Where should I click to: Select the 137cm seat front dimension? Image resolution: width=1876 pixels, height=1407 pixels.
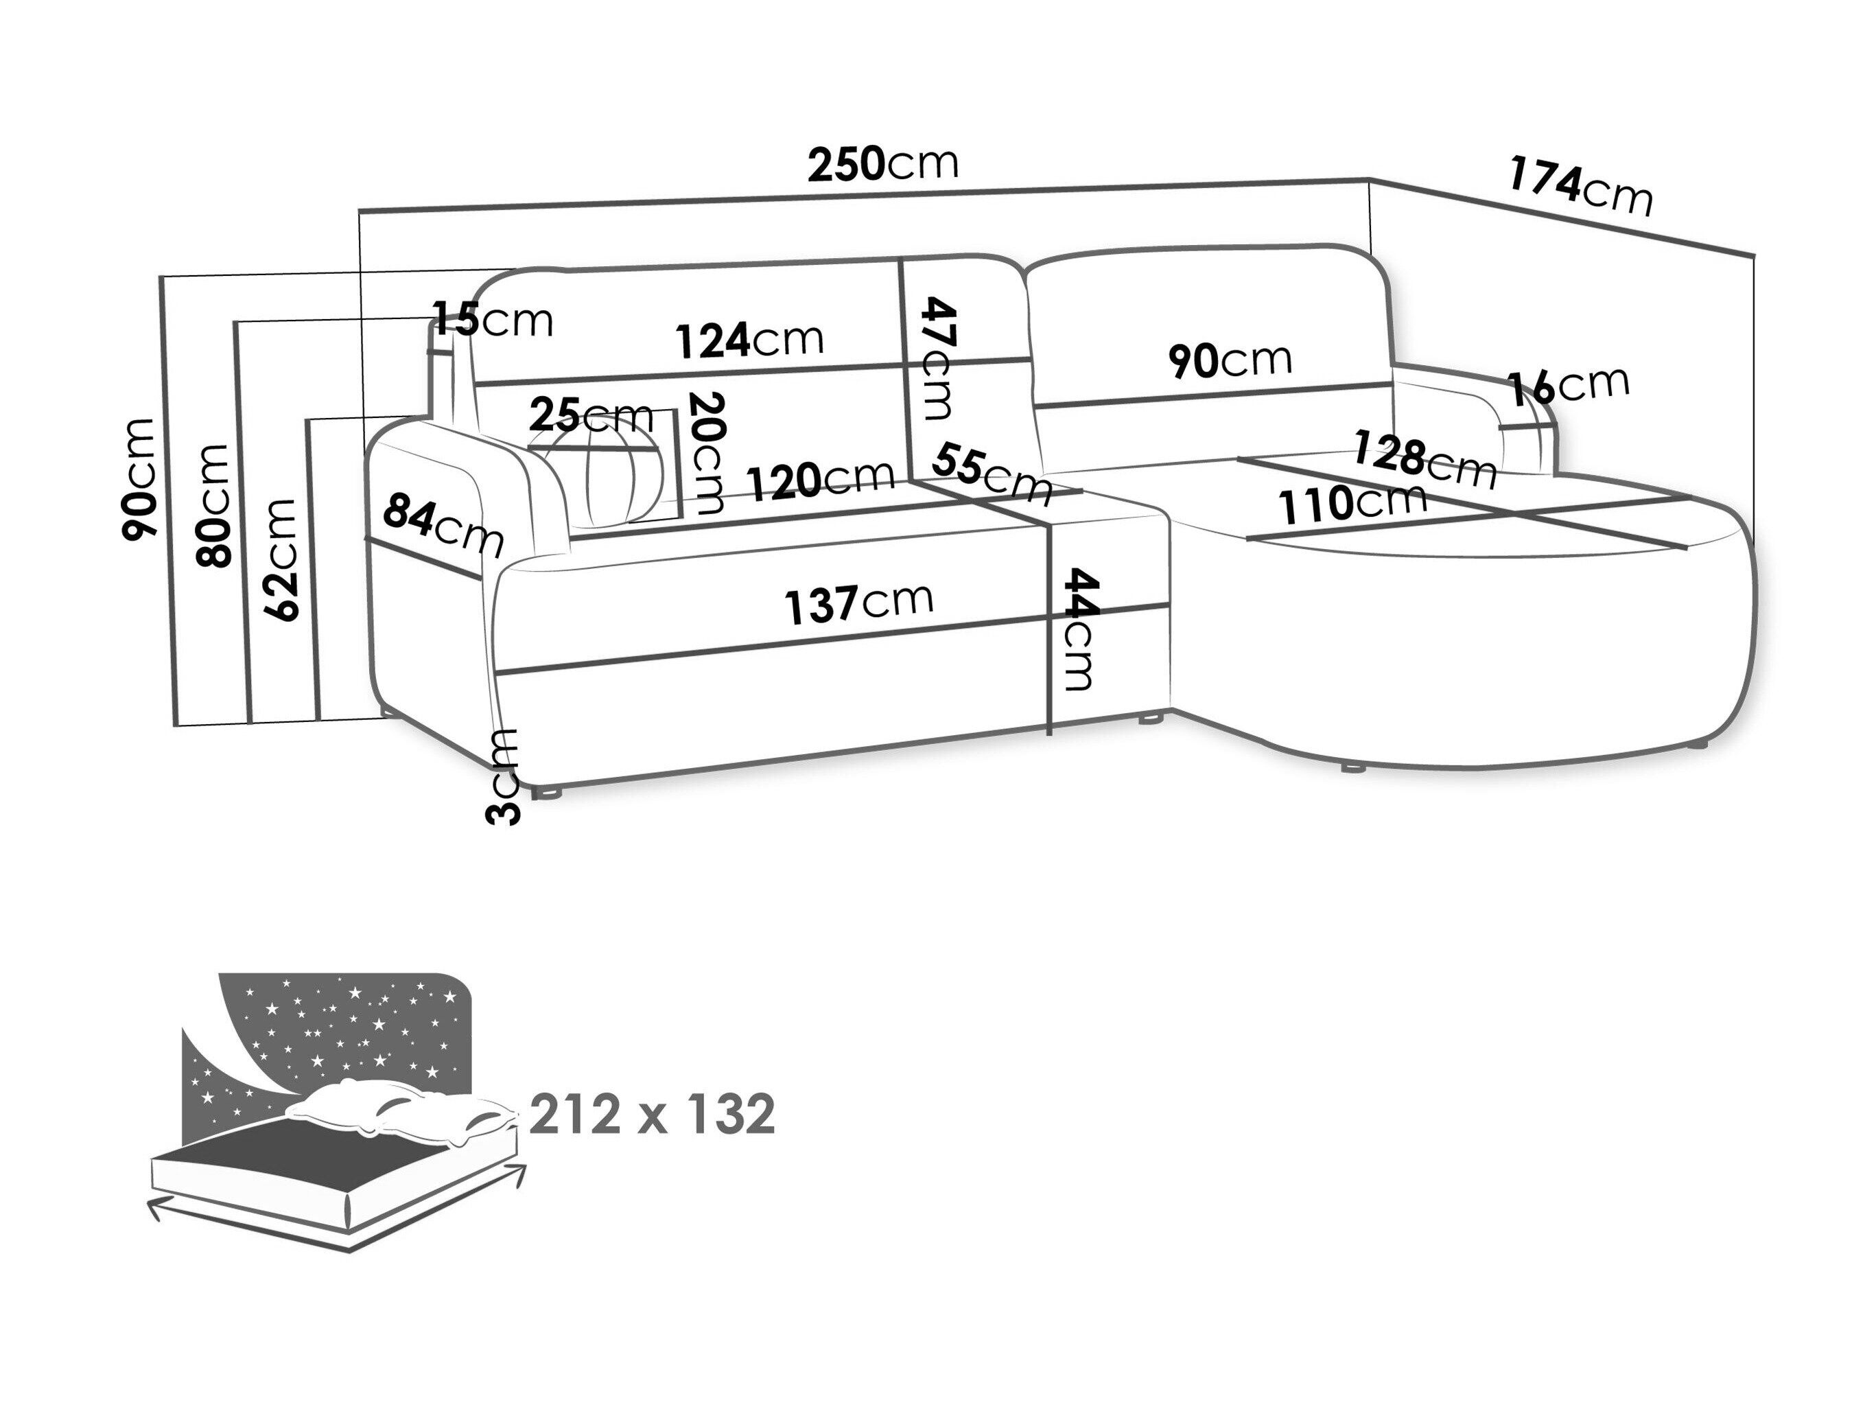(858, 603)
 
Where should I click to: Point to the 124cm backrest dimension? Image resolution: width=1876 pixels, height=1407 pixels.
(749, 340)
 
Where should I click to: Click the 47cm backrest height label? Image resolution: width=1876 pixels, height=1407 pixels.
(938, 358)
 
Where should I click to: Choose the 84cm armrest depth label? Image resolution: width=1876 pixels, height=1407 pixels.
(443, 525)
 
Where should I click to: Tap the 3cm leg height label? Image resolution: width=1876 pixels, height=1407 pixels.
(503, 776)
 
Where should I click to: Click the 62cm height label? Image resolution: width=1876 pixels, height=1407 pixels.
(281, 561)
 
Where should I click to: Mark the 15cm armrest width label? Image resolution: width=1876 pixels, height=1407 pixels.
(493, 321)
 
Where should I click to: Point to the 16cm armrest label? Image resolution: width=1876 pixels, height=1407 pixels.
(1568, 386)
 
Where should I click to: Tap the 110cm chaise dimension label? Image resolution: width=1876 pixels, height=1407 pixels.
(1352, 504)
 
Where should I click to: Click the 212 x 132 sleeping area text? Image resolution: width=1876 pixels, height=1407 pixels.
(651, 1113)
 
